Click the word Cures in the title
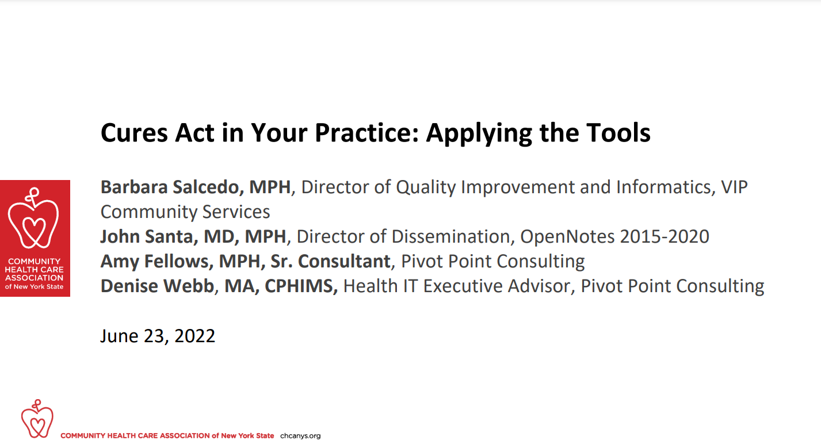coord(134,133)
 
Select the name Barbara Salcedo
coord(170,187)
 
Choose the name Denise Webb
coord(157,286)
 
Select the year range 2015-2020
coord(665,236)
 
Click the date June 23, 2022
coord(158,336)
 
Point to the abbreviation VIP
coord(734,187)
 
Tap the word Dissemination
coord(451,236)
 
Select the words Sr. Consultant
coord(330,262)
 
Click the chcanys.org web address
coord(300,436)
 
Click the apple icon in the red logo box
coord(33,218)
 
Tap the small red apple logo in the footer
coord(37,419)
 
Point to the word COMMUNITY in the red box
coord(34,261)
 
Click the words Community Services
coord(185,212)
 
